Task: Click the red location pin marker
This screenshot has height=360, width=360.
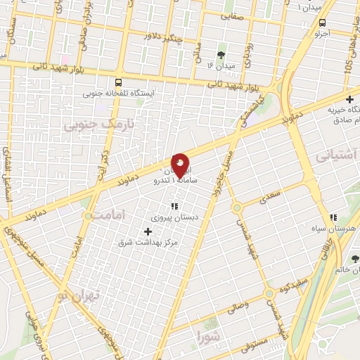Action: [180, 166]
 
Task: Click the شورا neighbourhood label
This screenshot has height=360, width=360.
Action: [209, 335]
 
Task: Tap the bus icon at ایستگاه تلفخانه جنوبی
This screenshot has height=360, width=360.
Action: [117, 82]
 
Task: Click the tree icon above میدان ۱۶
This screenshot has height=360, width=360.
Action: [221, 54]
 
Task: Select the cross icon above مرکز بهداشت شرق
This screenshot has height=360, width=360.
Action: [147, 231]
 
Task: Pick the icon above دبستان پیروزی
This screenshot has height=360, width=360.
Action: [174, 206]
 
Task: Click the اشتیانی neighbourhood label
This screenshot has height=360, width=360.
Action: [339, 153]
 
